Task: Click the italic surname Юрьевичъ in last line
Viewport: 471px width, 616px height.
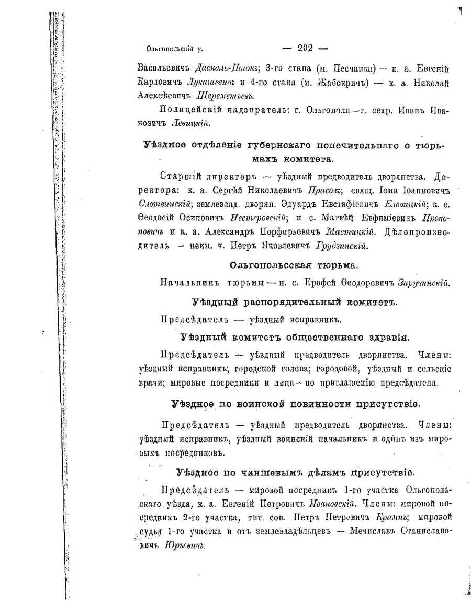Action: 183,545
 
